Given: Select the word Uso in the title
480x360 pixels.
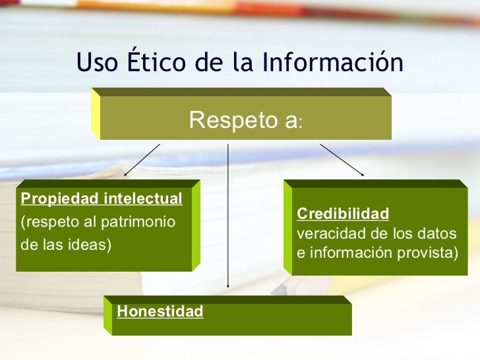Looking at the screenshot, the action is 97,62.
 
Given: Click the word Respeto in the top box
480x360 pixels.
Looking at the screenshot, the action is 233,120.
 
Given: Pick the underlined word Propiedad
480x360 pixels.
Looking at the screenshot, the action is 60,199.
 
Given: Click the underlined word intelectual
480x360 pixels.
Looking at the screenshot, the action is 143,198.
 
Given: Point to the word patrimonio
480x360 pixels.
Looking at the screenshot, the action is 138,222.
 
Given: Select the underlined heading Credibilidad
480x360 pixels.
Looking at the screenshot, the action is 343,214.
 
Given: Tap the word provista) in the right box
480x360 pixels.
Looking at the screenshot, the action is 428,253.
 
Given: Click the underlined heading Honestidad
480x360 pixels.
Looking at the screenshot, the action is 160,311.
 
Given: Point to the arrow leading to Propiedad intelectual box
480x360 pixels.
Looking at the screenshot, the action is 142,160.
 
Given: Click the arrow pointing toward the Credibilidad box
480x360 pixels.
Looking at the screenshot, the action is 342,160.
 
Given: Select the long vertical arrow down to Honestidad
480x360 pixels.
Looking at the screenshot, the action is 227,216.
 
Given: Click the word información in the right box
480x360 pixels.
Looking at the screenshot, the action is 351,253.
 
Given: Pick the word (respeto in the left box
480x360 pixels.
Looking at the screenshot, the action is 49,222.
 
